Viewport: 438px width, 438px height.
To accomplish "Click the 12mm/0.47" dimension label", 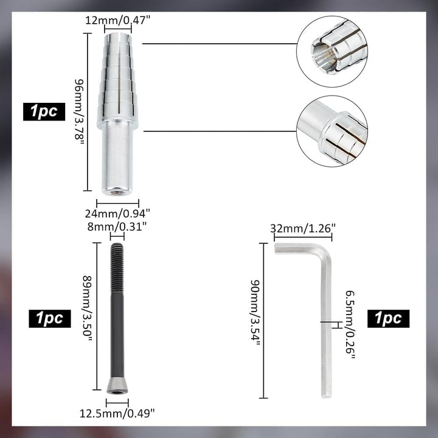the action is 117,21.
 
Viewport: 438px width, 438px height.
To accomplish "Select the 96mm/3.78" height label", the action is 79,112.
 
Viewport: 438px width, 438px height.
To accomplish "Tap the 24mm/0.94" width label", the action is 117,214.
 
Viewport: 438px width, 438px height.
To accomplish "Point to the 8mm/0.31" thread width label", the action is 117,226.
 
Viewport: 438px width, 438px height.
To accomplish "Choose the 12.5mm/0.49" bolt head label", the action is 117,413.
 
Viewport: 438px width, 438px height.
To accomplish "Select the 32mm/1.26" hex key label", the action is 302,229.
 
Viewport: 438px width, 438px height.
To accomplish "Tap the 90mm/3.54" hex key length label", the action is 255,313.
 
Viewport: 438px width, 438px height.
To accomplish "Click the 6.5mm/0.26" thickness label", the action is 350,325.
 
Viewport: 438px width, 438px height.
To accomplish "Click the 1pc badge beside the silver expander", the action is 44,112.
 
